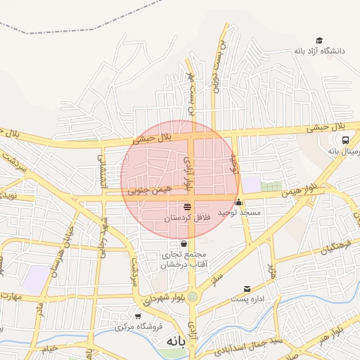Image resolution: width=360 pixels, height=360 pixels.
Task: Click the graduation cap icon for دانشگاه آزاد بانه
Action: pyautogui.click(x=319, y=41)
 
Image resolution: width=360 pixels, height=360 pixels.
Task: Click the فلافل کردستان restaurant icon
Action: pyautogui.click(x=187, y=207)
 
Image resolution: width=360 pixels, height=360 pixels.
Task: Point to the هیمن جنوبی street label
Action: pyautogui.click(x=148, y=190)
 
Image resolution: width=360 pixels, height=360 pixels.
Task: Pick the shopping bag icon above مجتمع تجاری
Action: pyautogui.click(x=184, y=243)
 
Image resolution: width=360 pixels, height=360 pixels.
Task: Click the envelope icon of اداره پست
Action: pyautogui.click(x=246, y=289)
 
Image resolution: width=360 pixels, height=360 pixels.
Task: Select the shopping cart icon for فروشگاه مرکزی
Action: pyautogui.click(x=138, y=316)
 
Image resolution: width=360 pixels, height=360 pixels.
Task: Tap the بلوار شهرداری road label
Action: pyautogui.click(x=164, y=297)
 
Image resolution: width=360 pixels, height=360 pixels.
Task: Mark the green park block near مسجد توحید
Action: pyautogui.click(x=271, y=186)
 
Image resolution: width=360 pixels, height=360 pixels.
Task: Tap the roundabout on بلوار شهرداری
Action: pyautogui.click(x=192, y=297)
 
